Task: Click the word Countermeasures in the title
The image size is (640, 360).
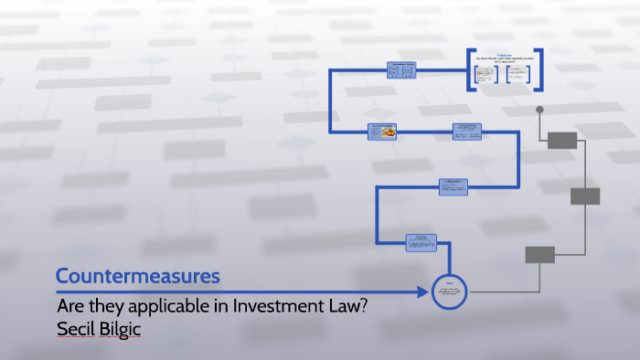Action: (x=137, y=275)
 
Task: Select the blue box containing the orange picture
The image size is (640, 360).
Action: (x=386, y=132)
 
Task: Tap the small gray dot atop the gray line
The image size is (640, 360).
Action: (x=539, y=110)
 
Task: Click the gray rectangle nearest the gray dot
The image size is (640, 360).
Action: (x=562, y=140)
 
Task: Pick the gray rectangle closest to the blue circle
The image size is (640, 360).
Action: (x=539, y=254)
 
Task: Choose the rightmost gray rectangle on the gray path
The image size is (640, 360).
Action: (x=585, y=196)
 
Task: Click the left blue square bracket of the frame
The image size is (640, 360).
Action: (x=468, y=69)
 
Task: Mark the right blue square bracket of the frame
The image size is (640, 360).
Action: (x=541, y=69)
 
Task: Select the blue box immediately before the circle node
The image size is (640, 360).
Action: (x=421, y=242)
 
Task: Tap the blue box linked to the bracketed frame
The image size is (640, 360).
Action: (x=402, y=70)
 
